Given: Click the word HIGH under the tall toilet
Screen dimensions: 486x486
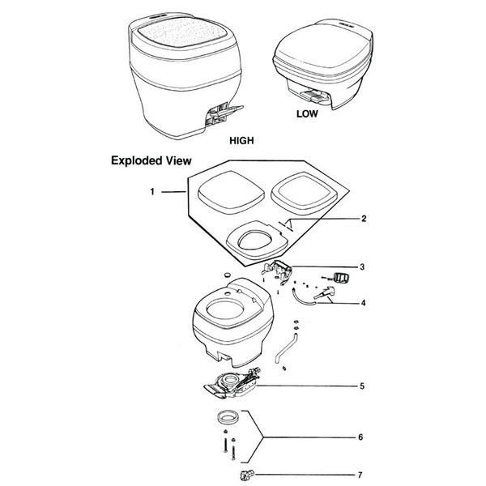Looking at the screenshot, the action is pos(241,140).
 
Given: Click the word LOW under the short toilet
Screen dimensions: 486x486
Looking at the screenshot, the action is pos(307,113).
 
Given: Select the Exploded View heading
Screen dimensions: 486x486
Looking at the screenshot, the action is pos(151,160).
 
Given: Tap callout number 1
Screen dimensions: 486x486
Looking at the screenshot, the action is pos(152,192).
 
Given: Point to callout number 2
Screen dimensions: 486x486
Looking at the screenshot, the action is pos(364,219).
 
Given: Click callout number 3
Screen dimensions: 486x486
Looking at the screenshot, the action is pos(362,266).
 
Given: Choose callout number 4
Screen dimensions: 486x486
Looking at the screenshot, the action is pos(363,303).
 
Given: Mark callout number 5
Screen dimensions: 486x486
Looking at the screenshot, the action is pos(362,386).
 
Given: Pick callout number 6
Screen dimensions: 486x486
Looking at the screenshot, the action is pos(360,437).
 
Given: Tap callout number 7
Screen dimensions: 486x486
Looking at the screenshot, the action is pos(360,475).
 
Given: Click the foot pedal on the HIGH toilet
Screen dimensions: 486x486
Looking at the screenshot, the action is pos(224,114).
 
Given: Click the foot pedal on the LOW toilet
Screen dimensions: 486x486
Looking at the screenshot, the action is pos(313,96).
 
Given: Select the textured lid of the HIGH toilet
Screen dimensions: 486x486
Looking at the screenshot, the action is pos(183,32).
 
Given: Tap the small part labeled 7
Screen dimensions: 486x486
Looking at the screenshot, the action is pos(247,474).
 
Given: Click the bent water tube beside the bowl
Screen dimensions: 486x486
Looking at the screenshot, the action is pos(285,348).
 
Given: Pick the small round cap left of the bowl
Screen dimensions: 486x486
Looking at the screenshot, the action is pos(228,275).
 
